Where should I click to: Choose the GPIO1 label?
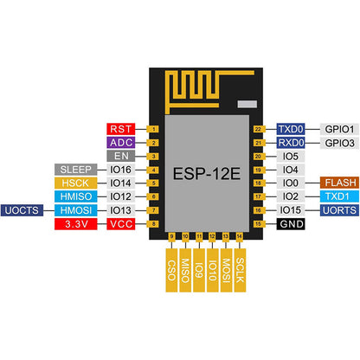[x=336, y=128]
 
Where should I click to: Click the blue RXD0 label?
[x=290, y=142]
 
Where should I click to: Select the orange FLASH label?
[x=336, y=183]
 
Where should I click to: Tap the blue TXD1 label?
[x=336, y=196]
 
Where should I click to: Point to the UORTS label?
[x=336, y=210]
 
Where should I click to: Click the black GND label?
[x=290, y=224]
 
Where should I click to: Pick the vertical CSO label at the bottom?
[x=171, y=268]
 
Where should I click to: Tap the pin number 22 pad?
[x=257, y=128]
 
